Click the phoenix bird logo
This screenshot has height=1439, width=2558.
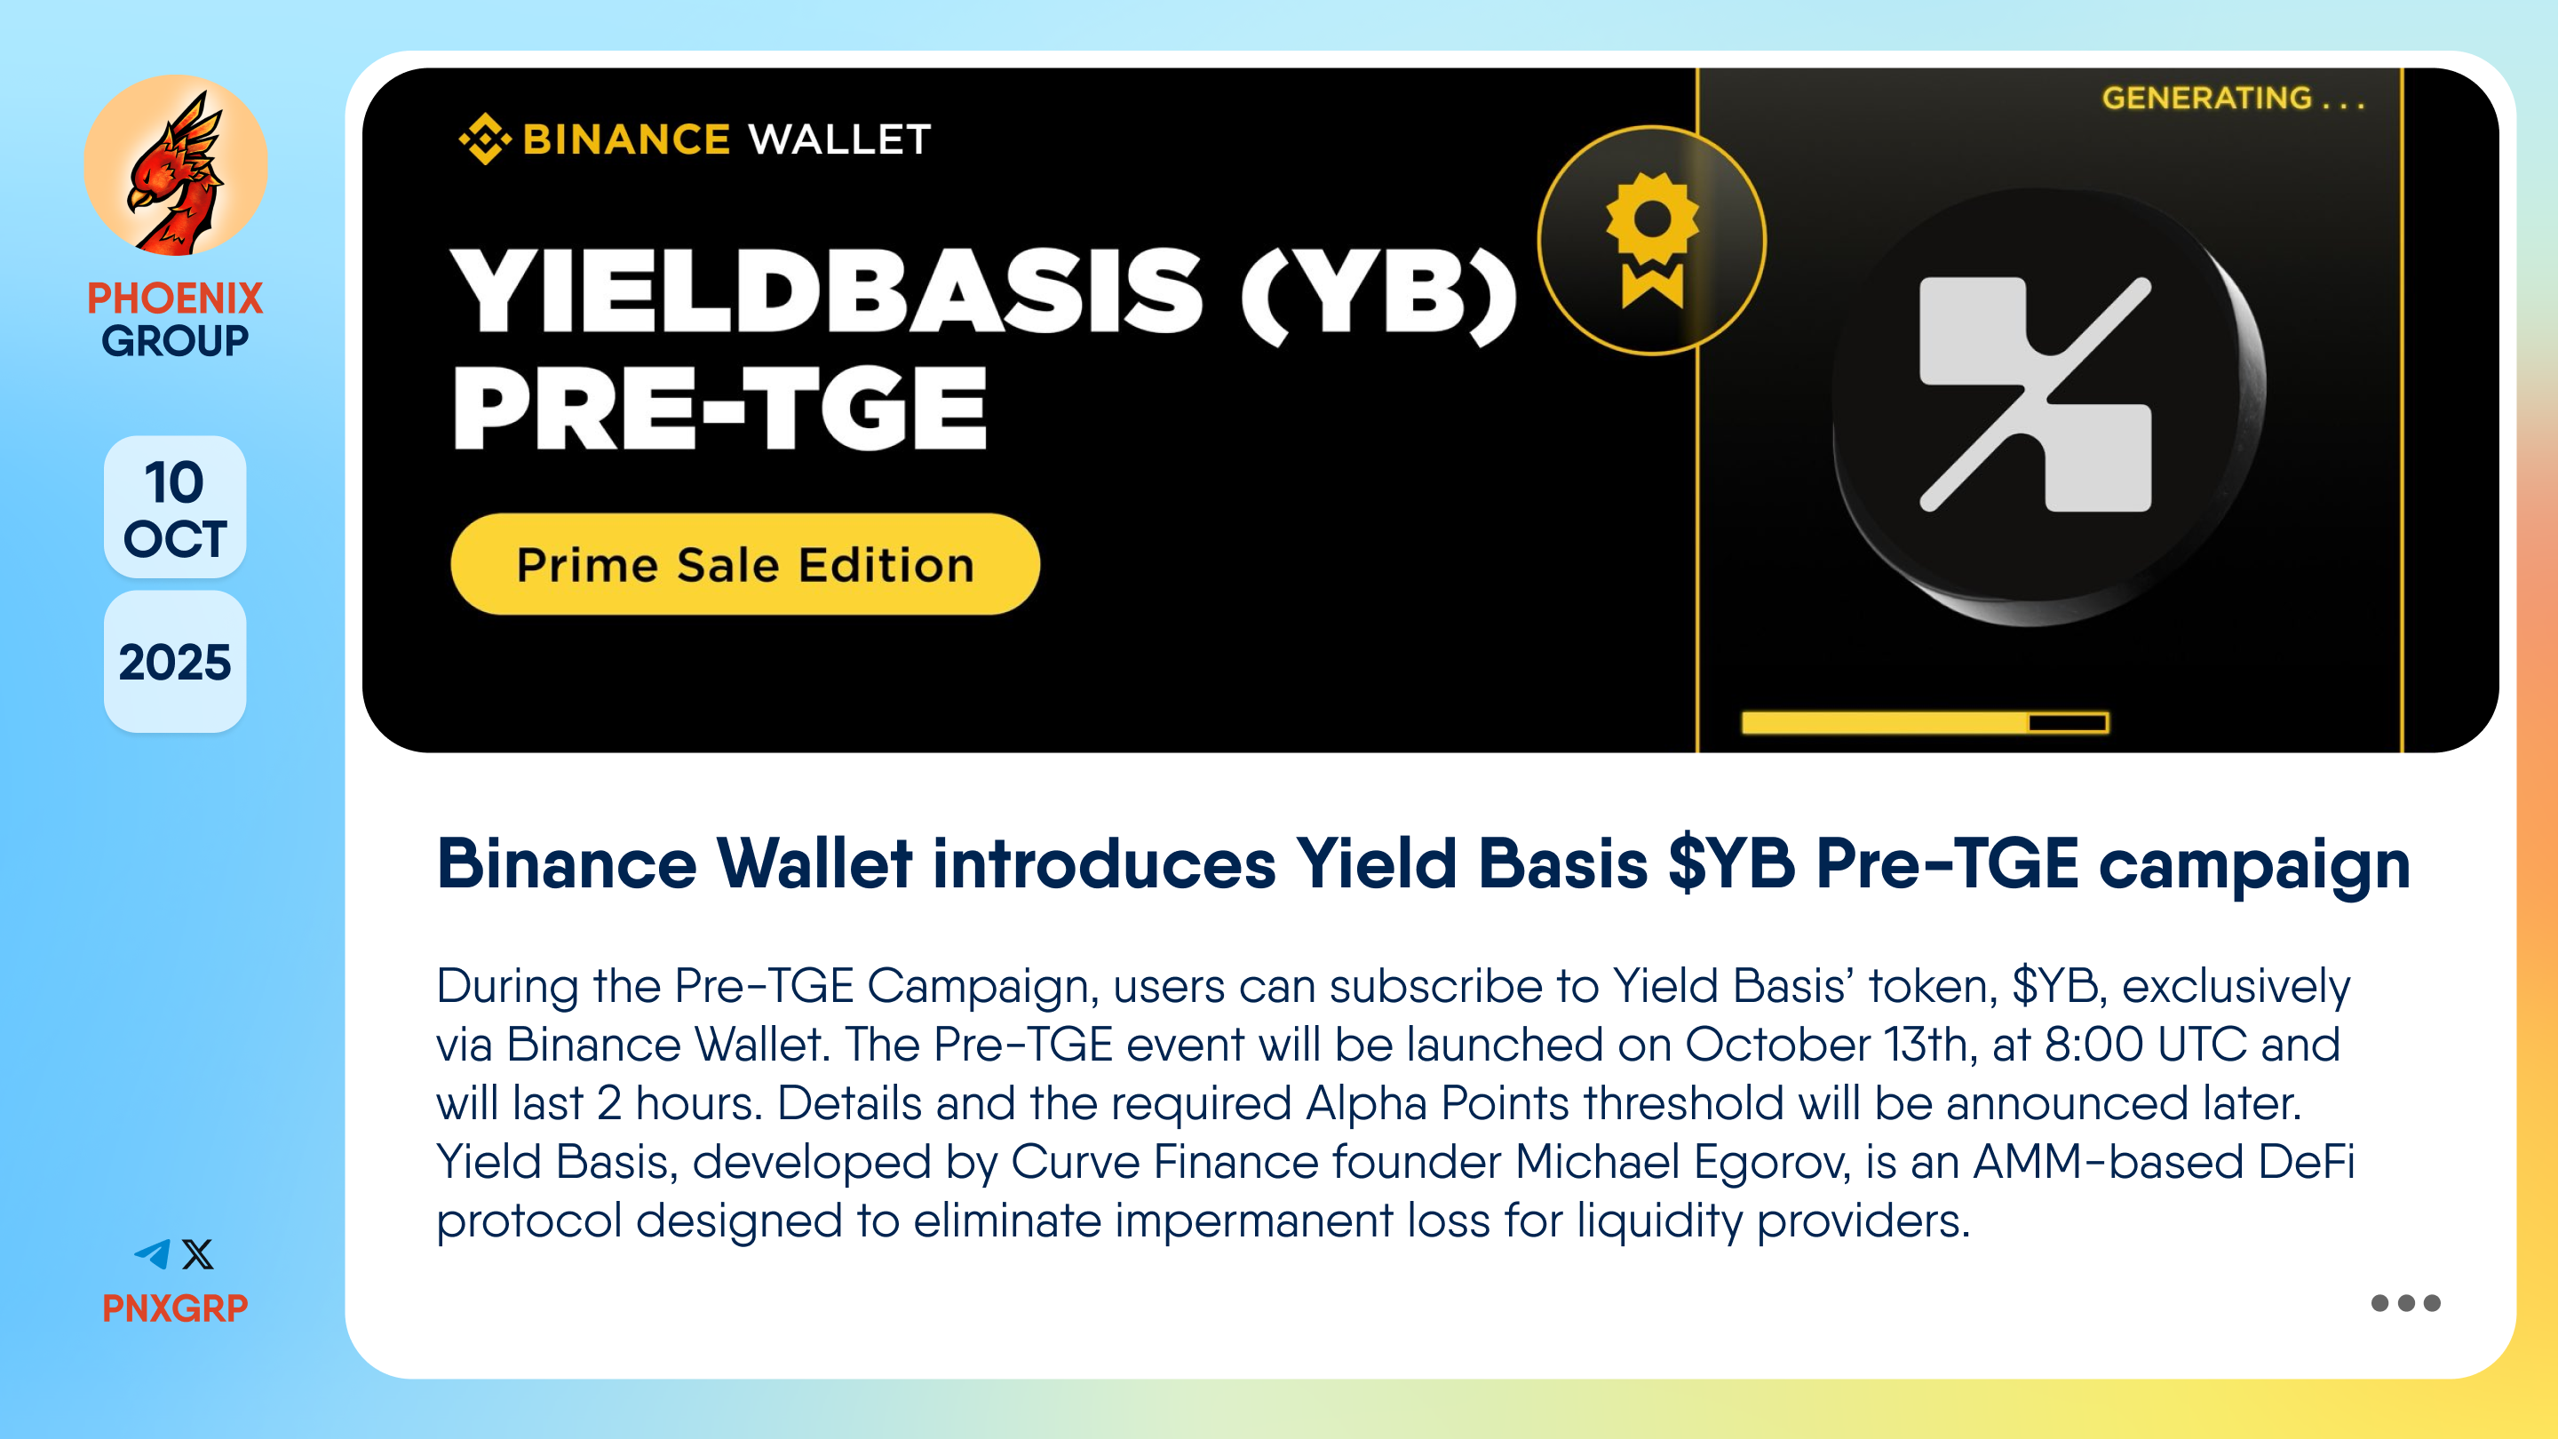point(176,166)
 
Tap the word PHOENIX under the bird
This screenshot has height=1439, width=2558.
point(175,298)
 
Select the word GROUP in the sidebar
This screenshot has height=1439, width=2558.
point(175,340)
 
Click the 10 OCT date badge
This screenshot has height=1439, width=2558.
point(175,507)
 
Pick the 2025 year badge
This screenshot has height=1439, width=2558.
point(175,663)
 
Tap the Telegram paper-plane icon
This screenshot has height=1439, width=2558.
point(153,1254)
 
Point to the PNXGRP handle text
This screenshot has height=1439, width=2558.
point(175,1308)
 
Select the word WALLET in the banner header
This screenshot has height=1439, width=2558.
point(840,139)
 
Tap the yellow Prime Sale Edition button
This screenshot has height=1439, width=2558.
point(746,564)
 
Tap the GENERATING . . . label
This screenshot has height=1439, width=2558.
point(2233,99)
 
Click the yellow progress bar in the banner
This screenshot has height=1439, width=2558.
point(1925,723)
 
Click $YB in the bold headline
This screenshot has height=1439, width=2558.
point(1732,863)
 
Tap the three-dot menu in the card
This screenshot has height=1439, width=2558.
point(2405,1303)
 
